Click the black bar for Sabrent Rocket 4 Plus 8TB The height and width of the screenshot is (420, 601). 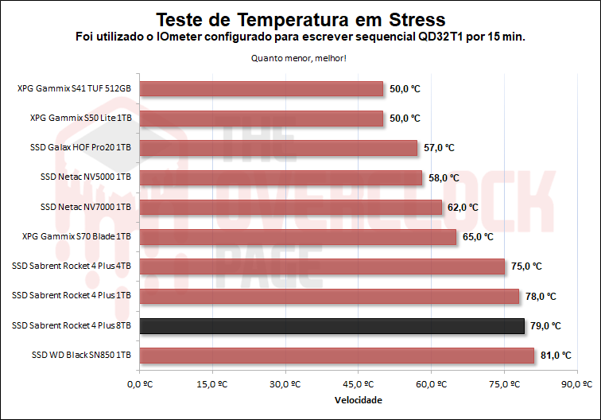(x=332, y=325)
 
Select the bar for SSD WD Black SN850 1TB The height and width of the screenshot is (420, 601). (x=336, y=355)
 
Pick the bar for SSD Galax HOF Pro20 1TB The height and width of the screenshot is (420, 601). (x=278, y=148)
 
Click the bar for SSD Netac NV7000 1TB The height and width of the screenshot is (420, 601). (x=290, y=207)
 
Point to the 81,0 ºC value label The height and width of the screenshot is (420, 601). (x=556, y=356)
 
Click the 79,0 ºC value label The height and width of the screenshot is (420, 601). (x=545, y=326)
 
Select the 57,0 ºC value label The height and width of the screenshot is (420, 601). (x=439, y=148)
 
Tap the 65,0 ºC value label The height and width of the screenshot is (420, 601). (x=478, y=237)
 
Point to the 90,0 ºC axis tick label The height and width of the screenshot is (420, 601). (x=576, y=385)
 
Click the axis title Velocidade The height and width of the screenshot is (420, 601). (x=358, y=399)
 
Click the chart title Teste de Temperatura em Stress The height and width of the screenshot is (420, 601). (x=300, y=18)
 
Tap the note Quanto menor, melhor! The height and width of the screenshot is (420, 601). (x=300, y=57)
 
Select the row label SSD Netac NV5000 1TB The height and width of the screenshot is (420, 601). (x=85, y=177)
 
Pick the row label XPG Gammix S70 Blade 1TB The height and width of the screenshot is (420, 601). (x=79, y=237)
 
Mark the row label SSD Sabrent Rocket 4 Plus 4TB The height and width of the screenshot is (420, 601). (x=72, y=266)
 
